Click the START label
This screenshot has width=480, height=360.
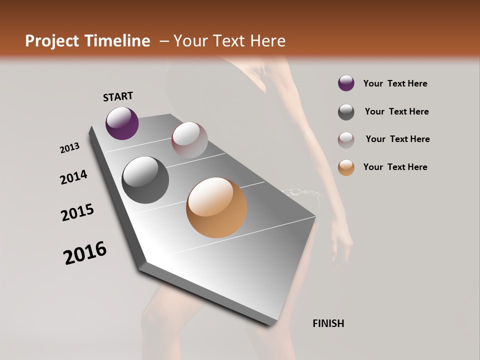(x=118, y=96)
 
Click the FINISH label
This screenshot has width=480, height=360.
(x=328, y=323)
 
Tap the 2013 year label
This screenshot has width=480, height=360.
(x=70, y=148)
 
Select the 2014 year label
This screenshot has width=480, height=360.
(x=73, y=177)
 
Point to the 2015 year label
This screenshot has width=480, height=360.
(x=77, y=212)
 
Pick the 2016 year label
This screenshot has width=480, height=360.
(x=85, y=253)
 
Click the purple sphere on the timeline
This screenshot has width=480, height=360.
(x=122, y=123)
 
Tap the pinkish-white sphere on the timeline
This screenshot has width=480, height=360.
(x=189, y=140)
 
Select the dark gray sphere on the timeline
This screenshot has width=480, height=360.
(x=145, y=180)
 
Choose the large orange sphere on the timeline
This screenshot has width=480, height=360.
(x=216, y=207)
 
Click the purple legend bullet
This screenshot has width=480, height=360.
(x=346, y=83)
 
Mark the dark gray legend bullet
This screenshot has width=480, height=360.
(x=346, y=112)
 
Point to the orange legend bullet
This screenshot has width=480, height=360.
(x=346, y=167)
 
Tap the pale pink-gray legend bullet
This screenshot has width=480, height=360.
(x=346, y=140)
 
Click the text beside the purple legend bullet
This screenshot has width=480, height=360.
(x=395, y=83)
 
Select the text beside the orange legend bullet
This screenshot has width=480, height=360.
(x=395, y=167)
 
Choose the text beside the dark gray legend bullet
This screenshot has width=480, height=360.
(x=396, y=111)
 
